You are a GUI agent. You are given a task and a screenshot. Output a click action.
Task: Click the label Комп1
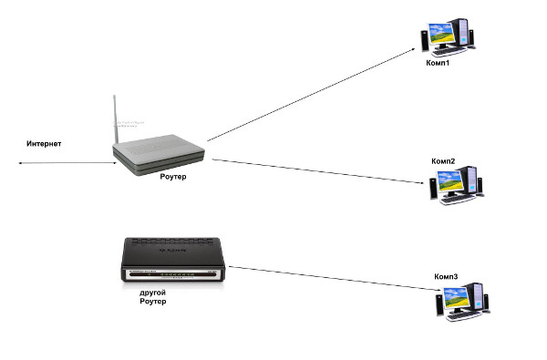click(x=438, y=63)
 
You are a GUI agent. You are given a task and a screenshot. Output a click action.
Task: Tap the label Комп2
click(x=443, y=161)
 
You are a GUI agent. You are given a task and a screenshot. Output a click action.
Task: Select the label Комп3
click(x=446, y=277)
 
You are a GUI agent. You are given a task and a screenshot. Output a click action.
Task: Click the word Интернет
click(x=44, y=143)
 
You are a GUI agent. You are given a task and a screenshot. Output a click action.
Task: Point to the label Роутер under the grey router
click(x=173, y=177)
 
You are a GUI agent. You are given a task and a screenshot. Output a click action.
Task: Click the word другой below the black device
click(x=152, y=293)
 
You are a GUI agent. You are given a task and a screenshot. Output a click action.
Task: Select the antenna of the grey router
click(x=116, y=119)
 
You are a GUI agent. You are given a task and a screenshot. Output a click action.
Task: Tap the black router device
click(x=172, y=259)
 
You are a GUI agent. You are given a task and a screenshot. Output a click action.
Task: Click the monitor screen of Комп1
click(x=441, y=33)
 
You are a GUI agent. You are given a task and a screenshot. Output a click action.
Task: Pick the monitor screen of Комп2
click(x=450, y=180)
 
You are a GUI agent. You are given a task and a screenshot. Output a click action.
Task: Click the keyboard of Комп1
click(x=449, y=52)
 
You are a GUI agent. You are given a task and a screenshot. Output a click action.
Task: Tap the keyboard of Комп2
click(x=458, y=199)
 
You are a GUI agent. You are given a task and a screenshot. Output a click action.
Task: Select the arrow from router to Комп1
click(x=311, y=95)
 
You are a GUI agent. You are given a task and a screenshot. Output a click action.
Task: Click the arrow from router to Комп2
click(x=318, y=171)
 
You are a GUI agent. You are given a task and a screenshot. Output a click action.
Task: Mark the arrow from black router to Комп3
click(x=335, y=278)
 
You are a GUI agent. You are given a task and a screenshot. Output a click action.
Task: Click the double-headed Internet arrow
click(x=67, y=163)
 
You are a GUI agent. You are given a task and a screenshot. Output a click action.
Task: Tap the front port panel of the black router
click(x=172, y=274)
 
